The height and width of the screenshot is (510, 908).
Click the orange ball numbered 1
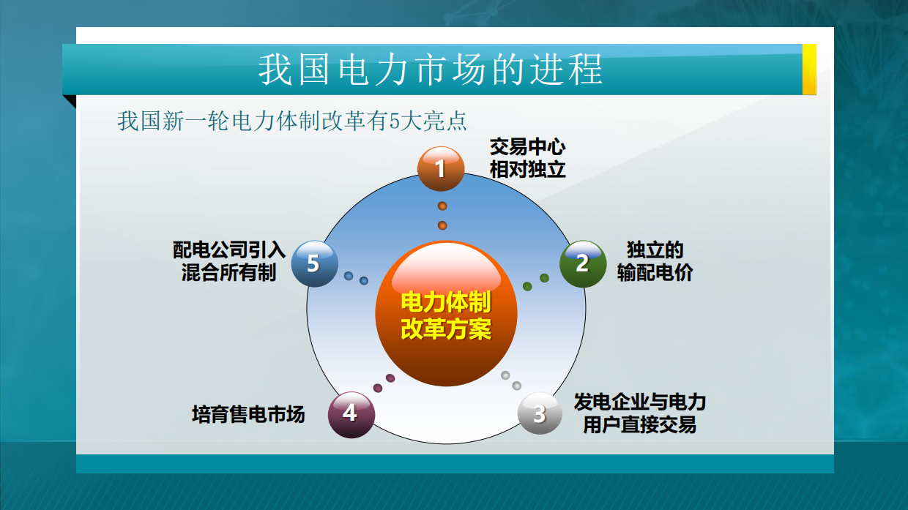[x=441, y=169]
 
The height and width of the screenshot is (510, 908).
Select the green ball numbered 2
[x=583, y=263]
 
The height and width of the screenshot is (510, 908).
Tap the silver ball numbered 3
[x=540, y=413]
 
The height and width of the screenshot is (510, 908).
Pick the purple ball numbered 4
[x=351, y=413]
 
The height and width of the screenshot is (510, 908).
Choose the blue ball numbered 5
[x=314, y=263]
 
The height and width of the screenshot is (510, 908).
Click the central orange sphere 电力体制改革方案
[x=446, y=314]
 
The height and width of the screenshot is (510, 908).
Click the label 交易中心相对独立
[x=527, y=159]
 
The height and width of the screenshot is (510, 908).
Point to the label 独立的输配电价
[x=655, y=261]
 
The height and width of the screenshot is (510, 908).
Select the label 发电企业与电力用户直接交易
[x=639, y=413]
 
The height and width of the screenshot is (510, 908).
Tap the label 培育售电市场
[x=248, y=414]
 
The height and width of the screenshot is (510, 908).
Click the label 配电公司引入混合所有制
[x=228, y=261]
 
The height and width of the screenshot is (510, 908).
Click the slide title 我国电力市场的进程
[x=431, y=70]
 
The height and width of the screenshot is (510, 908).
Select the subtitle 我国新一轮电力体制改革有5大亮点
[x=291, y=121]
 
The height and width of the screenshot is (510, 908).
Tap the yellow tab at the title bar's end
[x=809, y=70]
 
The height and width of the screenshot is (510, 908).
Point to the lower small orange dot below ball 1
[x=442, y=225]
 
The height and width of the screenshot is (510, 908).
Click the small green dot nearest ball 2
[x=544, y=278]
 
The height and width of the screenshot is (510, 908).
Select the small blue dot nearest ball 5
[x=349, y=276]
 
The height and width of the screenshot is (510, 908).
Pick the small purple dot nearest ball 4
[x=378, y=388]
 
